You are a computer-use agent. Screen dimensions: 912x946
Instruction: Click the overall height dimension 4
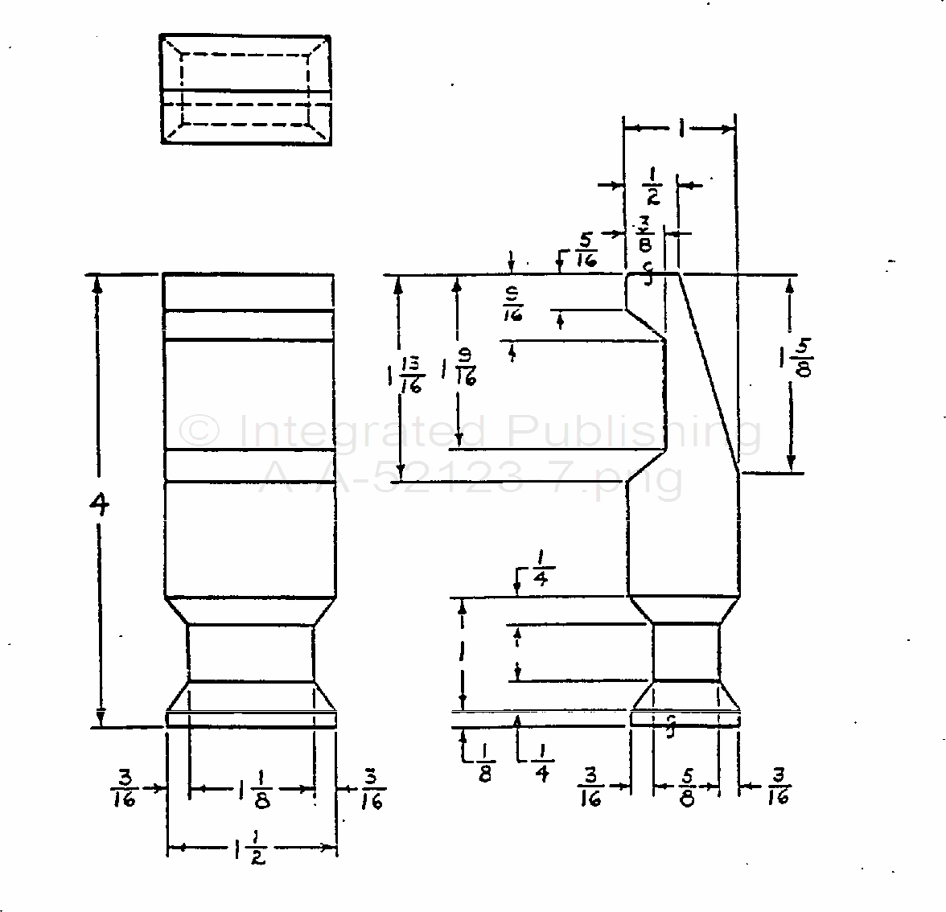pos(99,505)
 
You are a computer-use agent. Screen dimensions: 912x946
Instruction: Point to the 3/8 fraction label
pos(646,233)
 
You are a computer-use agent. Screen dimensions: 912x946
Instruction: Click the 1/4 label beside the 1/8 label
pos(541,761)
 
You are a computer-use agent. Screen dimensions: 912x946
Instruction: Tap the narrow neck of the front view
pos(250,652)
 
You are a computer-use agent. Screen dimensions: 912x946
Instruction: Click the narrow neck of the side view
pos(685,652)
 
